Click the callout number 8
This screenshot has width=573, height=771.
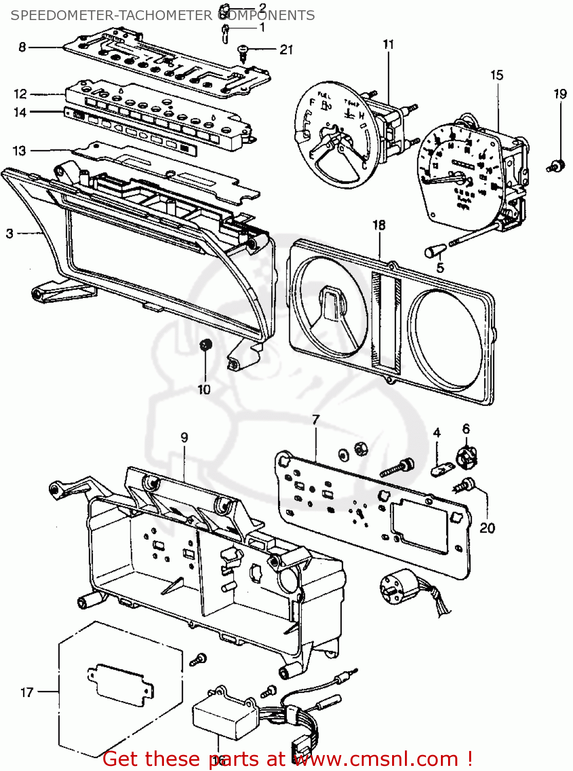tap(22, 47)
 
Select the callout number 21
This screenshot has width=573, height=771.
tap(286, 49)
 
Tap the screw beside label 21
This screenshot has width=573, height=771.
tap(243, 50)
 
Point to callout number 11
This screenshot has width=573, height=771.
tap(388, 44)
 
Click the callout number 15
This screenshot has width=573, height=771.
tap(496, 75)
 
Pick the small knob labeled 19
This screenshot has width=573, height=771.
tap(556, 166)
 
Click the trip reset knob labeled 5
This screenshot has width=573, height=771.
tap(433, 251)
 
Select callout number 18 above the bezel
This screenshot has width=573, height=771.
tap(379, 225)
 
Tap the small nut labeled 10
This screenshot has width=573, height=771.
tap(206, 344)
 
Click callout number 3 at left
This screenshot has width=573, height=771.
tap(10, 233)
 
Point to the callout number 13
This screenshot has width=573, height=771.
tap(19, 151)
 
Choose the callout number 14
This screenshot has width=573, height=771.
tap(20, 112)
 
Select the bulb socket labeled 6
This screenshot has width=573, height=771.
tap(467, 456)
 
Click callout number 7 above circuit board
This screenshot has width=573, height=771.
tap(316, 419)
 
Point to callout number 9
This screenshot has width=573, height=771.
tap(184, 437)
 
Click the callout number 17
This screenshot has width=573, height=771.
tap(27, 692)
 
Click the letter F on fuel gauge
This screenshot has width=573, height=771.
tap(311, 103)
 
